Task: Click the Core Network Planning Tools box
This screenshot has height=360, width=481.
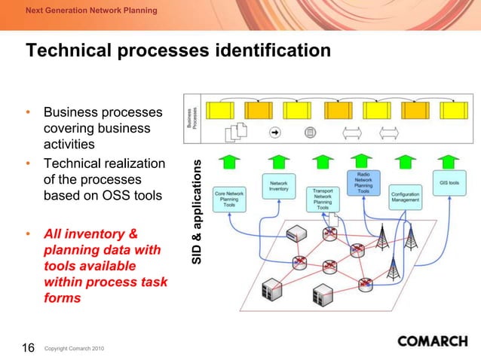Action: click(230, 199)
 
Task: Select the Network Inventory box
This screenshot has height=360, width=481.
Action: click(279, 185)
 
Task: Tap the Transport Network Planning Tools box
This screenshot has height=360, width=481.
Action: click(323, 199)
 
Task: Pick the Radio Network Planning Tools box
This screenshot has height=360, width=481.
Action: click(363, 183)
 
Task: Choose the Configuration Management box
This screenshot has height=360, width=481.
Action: click(406, 196)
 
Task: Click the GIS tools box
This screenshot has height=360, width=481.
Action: click(452, 183)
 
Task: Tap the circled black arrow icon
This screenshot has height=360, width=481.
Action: click(274, 133)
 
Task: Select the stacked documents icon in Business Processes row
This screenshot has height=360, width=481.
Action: click(237, 133)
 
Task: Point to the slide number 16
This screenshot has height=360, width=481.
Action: click(28, 347)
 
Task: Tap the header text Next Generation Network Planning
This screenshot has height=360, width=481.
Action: click(91, 11)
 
